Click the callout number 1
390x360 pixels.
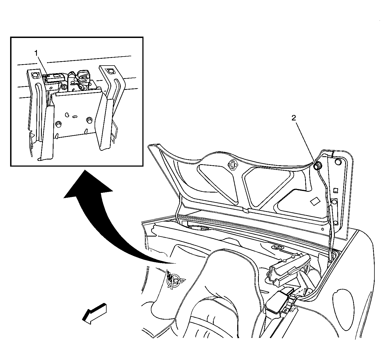(36, 53)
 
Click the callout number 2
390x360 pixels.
(294, 118)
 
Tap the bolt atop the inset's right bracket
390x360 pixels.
(109, 71)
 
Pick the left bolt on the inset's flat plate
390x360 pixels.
(58, 125)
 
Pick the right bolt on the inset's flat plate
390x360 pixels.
(89, 120)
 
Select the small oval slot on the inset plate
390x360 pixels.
(75, 117)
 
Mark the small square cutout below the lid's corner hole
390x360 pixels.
(335, 190)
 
